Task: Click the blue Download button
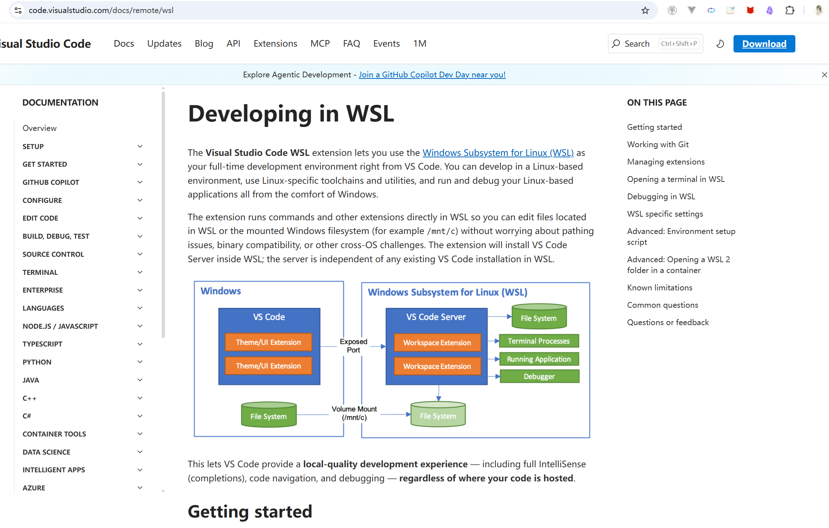pyautogui.click(x=764, y=44)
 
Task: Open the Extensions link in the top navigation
pyautogui.click(x=275, y=43)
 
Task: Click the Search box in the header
pyautogui.click(x=637, y=44)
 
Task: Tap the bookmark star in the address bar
pyautogui.click(x=645, y=10)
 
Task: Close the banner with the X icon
pyautogui.click(x=824, y=74)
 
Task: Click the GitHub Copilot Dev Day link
pyautogui.click(x=432, y=74)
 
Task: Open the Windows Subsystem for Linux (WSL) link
pyautogui.click(x=498, y=153)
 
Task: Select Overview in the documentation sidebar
pyautogui.click(x=39, y=128)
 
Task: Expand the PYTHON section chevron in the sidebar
pyautogui.click(x=140, y=362)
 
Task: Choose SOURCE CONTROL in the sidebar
pyautogui.click(x=53, y=254)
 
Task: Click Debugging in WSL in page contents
pyautogui.click(x=661, y=196)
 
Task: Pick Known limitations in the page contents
pyautogui.click(x=659, y=288)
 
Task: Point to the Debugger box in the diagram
pyautogui.click(x=539, y=376)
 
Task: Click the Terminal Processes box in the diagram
pyautogui.click(x=539, y=341)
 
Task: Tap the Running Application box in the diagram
pyautogui.click(x=539, y=359)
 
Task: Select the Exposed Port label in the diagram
pyautogui.click(x=353, y=346)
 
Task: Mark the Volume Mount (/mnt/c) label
pyautogui.click(x=354, y=413)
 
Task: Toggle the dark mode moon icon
pyautogui.click(x=720, y=44)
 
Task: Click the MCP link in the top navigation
pyautogui.click(x=320, y=43)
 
